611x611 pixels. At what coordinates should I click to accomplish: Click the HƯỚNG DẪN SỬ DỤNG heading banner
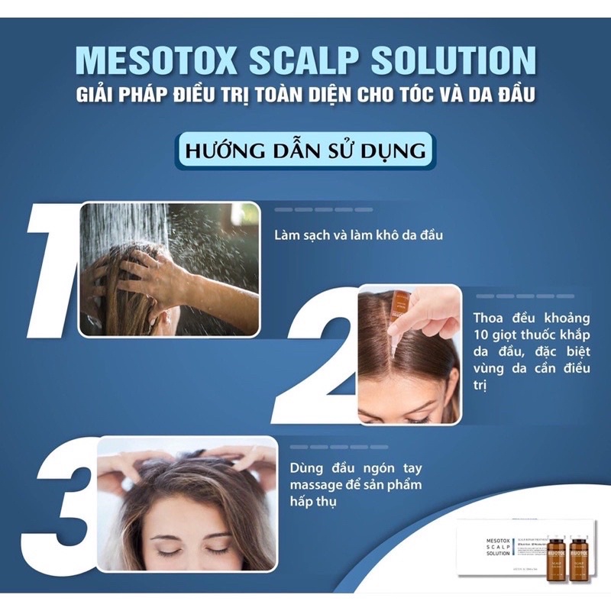305,149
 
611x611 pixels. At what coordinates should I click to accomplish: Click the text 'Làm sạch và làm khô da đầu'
358,235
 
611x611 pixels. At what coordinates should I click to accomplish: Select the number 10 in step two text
483,336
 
